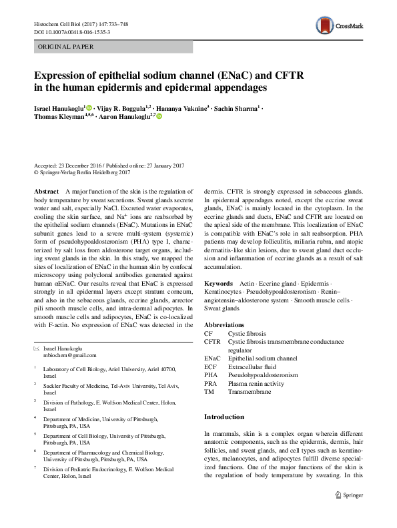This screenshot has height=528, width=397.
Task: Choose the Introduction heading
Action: [x=225, y=417]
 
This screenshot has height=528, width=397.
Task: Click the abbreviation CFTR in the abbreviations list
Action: [x=212, y=341]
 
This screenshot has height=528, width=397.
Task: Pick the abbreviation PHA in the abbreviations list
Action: [x=210, y=375]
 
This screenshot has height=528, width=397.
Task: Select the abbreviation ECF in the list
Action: [x=210, y=366]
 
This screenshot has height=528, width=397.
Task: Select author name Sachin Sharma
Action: [x=236, y=107]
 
